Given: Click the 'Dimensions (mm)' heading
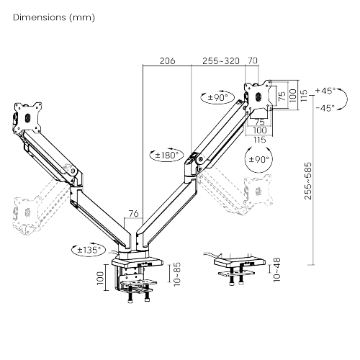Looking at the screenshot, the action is (54, 17).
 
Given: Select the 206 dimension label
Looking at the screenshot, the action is (168, 60).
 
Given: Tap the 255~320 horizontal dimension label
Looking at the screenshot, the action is (221, 60).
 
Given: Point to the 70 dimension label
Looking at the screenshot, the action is (253, 60).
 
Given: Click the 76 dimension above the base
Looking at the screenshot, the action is (134, 213).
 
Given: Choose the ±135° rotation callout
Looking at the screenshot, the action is (89, 250).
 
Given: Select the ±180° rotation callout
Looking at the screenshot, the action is (167, 155).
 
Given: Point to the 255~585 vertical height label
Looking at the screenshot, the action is (307, 181).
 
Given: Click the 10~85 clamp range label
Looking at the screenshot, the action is (177, 274).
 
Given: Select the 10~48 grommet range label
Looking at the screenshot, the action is (276, 269).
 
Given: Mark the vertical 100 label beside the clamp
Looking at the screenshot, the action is (101, 278).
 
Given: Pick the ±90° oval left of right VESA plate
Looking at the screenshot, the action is (217, 97).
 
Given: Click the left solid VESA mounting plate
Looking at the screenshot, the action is (27, 117).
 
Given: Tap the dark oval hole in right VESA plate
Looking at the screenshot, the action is (258, 96).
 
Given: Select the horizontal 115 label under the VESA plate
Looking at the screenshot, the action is (260, 140).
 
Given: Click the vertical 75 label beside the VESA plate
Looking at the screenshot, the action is (282, 96).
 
